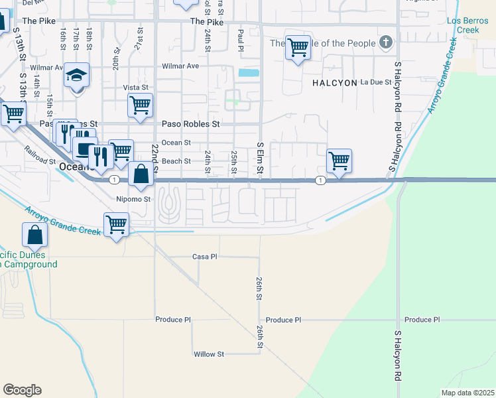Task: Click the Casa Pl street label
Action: click(205, 257)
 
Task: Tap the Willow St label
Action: click(209, 354)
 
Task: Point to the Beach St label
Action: click(176, 161)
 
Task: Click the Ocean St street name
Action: click(176, 143)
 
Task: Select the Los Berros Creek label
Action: click(463, 25)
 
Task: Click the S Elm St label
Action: click(260, 160)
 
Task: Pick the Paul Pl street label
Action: click(241, 39)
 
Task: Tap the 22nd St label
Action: click(155, 157)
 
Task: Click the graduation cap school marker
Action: click(77, 76)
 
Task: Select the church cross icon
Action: click(386, 44)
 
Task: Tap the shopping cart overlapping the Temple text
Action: click(298, 46)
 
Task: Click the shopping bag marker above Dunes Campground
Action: click(34, 235)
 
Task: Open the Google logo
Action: click(23, 390)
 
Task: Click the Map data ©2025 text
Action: click(467, 393)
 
